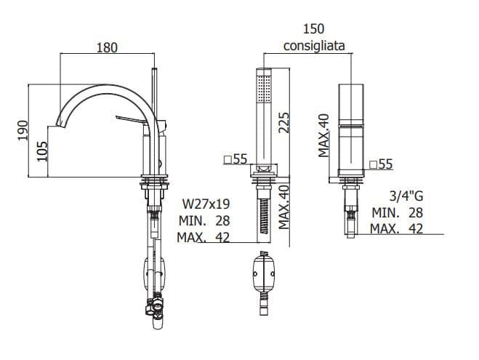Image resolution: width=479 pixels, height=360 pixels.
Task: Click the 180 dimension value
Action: (107, 48)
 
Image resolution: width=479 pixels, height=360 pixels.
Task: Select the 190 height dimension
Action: (23, 130)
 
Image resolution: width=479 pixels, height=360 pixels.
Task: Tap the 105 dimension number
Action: (42, 151)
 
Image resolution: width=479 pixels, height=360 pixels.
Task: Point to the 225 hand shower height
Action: (283, 123)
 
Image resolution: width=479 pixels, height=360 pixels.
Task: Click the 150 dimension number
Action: (313, 28)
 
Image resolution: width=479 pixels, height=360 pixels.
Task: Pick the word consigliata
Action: (314, 46)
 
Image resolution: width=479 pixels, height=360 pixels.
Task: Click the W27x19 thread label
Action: (206, 204)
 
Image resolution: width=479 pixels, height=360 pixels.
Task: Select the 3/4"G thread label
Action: (406, 196)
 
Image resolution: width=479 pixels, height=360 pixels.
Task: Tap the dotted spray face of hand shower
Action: (264, 89)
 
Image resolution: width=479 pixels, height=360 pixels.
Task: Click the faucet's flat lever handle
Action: (133, 120)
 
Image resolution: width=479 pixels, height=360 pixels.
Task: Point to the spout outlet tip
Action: (62, 125)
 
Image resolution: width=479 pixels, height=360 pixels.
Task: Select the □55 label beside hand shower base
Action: (236, 159)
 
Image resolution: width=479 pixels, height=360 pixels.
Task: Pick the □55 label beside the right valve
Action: (381, 164)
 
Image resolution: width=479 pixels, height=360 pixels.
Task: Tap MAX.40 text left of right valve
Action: (323, 135)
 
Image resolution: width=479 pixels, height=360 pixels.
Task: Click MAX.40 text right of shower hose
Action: (283, 207)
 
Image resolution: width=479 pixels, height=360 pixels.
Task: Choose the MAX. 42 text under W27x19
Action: (204, 237)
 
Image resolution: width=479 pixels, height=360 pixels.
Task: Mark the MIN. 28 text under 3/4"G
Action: (397, 212)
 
